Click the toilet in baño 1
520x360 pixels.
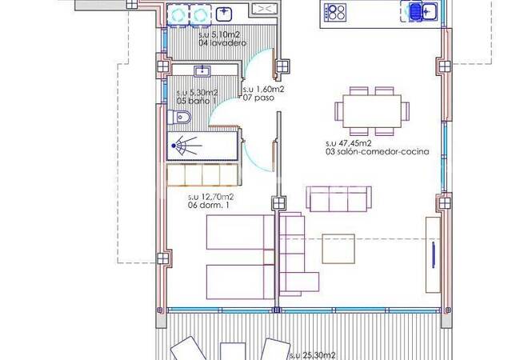pos(179,118)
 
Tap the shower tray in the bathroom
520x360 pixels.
pos(202,146)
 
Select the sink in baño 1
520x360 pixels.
pos(202,70)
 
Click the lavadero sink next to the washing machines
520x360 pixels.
pos(224,14)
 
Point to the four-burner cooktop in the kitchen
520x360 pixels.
pos(335,13)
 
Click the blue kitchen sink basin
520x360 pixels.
pos(415,12)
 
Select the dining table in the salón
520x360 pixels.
pos(372,111)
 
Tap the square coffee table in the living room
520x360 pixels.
pos(338,249)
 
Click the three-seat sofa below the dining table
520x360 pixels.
pos(338,198)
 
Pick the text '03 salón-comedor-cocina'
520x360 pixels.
pos(378,152)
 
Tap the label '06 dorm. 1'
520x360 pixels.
pos(208,205)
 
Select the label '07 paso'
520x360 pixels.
pos(258,98)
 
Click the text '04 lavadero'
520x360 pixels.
pos(222,43)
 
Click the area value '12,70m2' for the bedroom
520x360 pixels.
pos(220,198)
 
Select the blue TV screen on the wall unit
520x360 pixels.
pos(434,255)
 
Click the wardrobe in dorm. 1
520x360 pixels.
pos(202,174)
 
